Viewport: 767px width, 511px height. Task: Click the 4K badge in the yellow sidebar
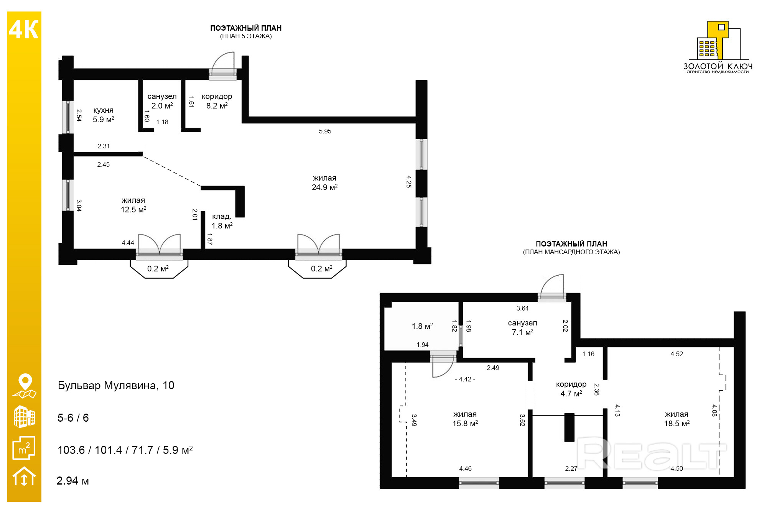(x=24, y=30)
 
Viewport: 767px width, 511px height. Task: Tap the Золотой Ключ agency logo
(x=718, y=47)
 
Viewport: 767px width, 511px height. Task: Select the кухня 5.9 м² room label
(x=104, y=115)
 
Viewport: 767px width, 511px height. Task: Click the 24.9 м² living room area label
(x=324, y=182)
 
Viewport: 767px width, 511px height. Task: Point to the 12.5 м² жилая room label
(x=133, y=205)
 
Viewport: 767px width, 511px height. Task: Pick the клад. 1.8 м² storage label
(x=222, y=221)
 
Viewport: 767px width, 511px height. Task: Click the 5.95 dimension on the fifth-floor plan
(x=325, y=131)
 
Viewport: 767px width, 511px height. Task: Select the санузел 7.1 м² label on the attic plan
(x=522, y=327)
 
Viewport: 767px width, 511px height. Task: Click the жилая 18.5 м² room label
(x=677, y=419)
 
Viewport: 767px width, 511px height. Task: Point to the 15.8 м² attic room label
(x=465, y=419)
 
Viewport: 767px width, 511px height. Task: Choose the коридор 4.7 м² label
(x=571, y=389)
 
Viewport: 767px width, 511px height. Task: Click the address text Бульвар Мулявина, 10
(x=116, y=385)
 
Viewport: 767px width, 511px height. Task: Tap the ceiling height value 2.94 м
(x=72, y=481)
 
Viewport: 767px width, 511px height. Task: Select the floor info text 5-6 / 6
(x=73, y=418)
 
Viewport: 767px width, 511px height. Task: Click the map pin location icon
(x=25, y=386)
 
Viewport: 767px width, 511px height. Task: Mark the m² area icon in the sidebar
(x=24, y=448)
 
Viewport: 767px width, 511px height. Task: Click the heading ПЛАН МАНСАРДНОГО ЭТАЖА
(x=571, y=252)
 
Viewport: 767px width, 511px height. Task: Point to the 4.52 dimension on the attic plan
(x=676, y=354)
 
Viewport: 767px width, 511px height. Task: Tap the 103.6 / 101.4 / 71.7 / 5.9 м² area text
(x=125, y=450)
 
